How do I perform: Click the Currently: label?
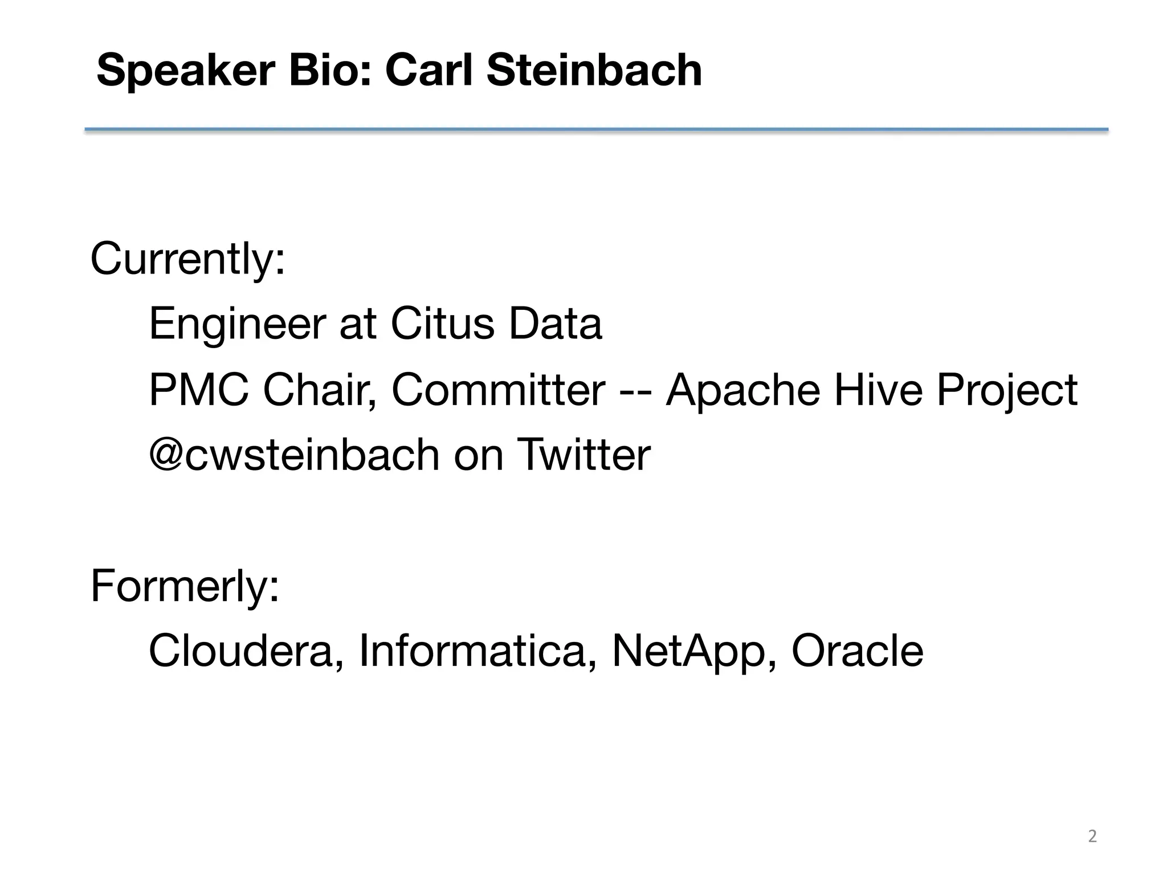[x=187, y=259]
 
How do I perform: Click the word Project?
[x=1007, y=392]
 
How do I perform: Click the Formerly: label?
[x=185, y=586]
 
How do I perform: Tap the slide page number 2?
[x=1092, y=836]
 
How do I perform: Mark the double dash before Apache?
[x=635, y=392]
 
